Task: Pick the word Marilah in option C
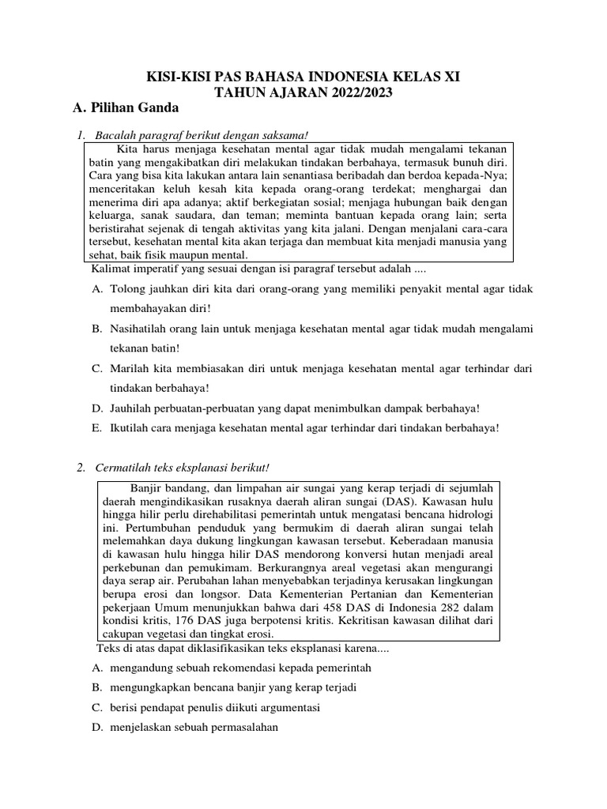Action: point(130,368)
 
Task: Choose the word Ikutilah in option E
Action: point(130,427)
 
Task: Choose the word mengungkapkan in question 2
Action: point(146,687)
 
